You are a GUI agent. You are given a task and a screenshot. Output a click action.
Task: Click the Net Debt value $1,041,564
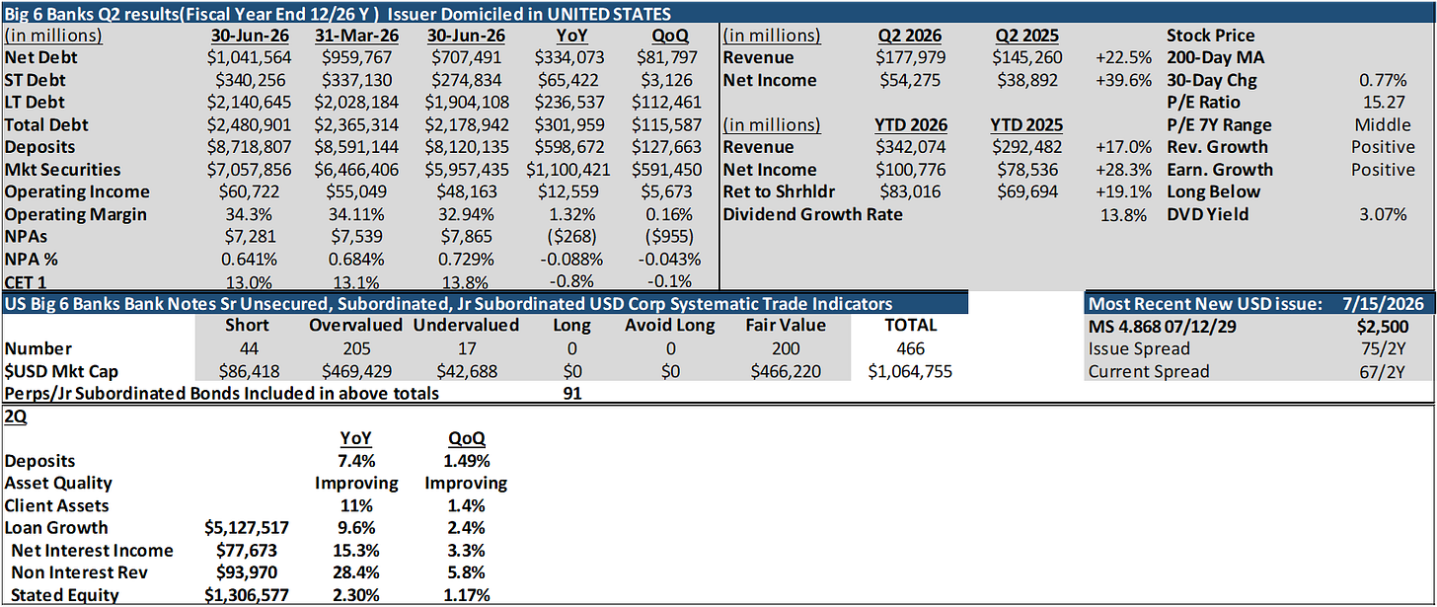tap(249, 58)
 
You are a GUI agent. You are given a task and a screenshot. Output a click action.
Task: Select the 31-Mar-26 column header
tap(356, 36)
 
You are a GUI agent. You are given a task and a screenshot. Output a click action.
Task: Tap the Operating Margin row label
tap(76, 214)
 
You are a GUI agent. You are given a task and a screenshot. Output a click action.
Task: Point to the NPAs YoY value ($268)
tap(571, 237)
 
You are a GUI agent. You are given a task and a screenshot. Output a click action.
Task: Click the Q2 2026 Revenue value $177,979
tap(910, 58)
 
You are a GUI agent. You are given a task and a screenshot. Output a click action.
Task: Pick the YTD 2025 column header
tap(1026, 125)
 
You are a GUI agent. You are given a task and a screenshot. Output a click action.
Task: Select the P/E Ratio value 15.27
tap(1383, 103)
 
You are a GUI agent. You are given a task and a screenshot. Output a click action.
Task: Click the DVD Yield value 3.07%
tap(1383, 214)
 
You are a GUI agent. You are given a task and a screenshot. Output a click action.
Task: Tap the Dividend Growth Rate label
tap(813, 214)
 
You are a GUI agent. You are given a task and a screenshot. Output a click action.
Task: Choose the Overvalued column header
tap(356, 326)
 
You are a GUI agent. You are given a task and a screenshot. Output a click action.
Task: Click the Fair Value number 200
tap(786, 348)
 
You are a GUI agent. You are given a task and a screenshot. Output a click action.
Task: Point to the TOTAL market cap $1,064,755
tap(910, 371)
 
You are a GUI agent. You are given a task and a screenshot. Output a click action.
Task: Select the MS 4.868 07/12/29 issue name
tap(1162, 327)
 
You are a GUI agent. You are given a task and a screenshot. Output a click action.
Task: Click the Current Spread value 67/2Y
tap(1383, 371)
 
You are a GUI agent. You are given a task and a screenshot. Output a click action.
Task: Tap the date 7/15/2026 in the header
tap(1383, 304)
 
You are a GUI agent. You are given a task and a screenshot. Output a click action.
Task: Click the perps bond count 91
tap(572, 394)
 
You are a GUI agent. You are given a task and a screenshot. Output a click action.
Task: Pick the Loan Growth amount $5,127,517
tap(247, 528)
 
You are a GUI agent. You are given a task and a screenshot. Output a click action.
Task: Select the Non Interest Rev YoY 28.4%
tap(356, 572)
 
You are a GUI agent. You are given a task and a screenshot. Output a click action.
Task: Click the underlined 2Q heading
tap(16, 417)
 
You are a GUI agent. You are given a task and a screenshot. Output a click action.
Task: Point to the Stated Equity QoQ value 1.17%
tap(467, 595)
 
